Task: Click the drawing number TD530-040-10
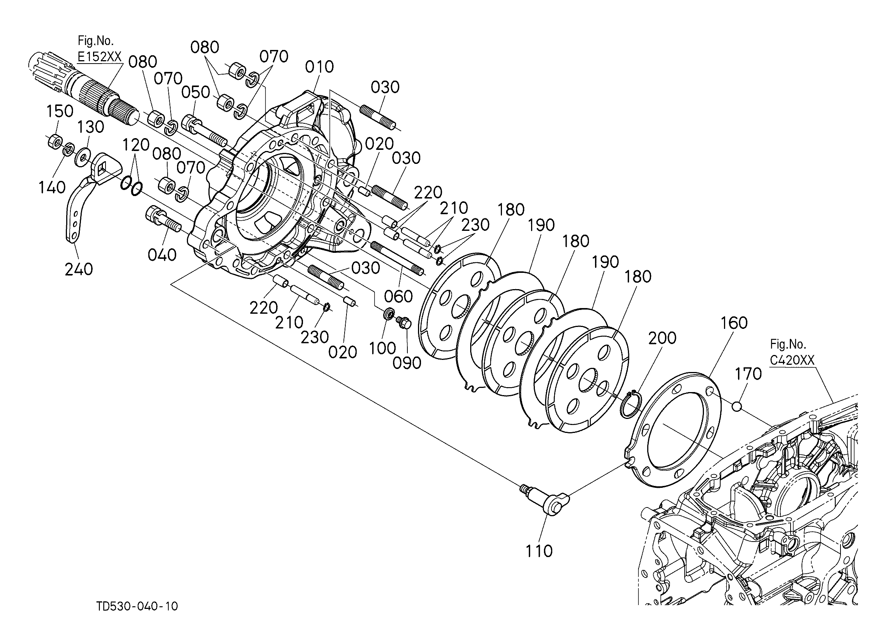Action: click(x=137, y=606)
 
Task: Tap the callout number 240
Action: click(x=79, y=269)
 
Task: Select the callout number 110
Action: click(x=539, y=551)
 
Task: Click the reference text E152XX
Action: click(x=100, y=57)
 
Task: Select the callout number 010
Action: click(x=320, y=67)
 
